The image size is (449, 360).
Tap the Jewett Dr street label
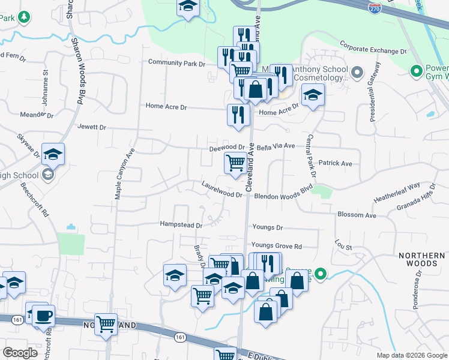click(x=91, y=127)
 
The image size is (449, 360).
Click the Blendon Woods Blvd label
click(x=284, y=196)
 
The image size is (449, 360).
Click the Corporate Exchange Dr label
click(x=373, y=47)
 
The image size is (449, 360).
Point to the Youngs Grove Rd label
click(x=276, y=246)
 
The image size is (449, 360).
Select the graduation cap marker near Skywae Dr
click(x=53, y=154)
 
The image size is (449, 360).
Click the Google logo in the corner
click(x=20, y=353)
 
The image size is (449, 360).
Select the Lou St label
click(x=343, y=245)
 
